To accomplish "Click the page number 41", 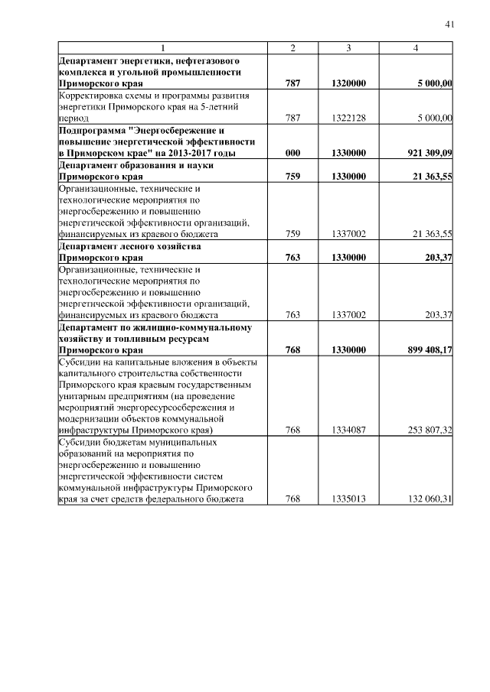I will click(449, 25).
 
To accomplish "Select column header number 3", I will click(348, 48).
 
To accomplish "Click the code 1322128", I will click(348, 118).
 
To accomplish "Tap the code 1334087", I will click(348, 430).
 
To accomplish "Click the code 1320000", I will click(348, 83).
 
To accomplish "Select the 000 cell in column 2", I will click(292, 153).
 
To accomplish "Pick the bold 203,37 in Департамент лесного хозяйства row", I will click(437, 258).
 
